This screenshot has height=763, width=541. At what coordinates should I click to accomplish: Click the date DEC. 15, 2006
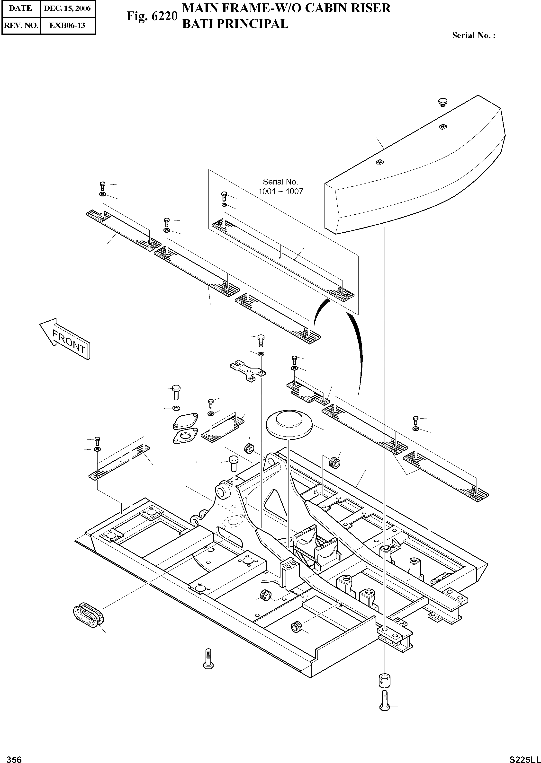pyautogui.click(x=68, y=8)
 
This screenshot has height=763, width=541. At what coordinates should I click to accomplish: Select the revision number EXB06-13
pyautogui.click(x=67, y=25)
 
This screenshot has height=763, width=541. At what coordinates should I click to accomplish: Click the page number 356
pyautogui.click(x=14, y=757)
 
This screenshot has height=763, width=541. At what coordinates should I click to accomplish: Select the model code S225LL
pyautogui.click(x=525, y=757)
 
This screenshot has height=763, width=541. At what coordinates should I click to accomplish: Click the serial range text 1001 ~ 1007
pyautogui.click(x=280, y=191)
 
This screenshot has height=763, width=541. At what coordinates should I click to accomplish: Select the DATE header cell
pyautogui.click(x=20, y=8)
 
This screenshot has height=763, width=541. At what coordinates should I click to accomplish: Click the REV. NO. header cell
pyautogui.click(x=20, y=25)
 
